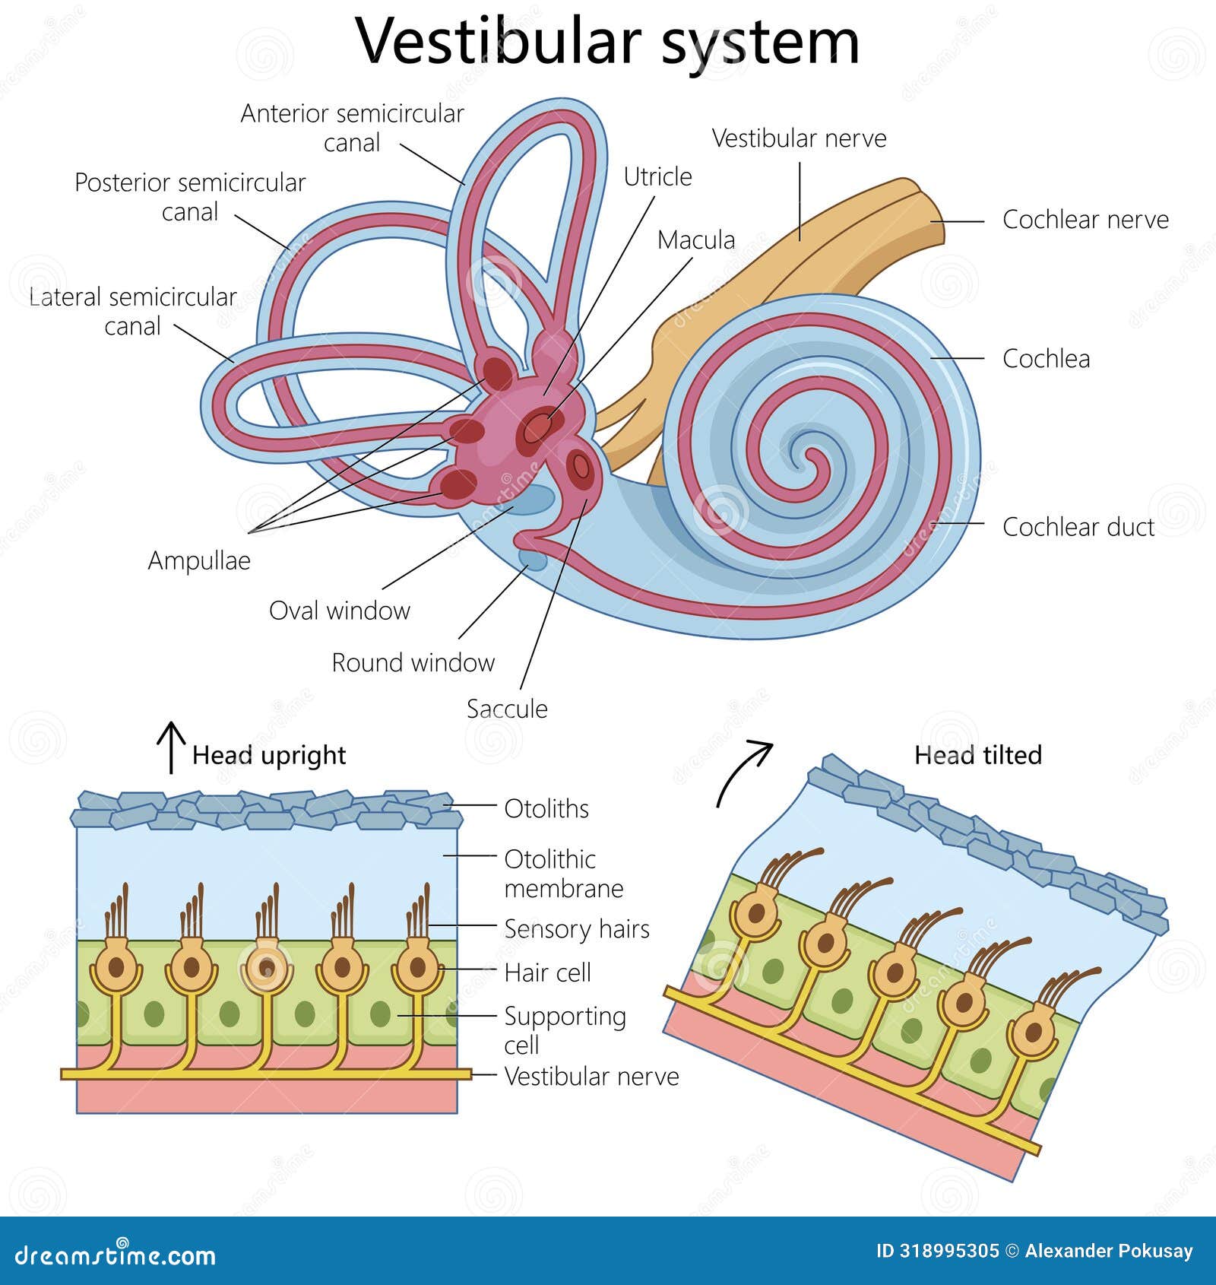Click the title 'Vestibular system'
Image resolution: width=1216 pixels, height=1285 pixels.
pyautogui.click(x=607, y=42)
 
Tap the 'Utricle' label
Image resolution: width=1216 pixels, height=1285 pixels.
pyautogui.click(x=657, y=176)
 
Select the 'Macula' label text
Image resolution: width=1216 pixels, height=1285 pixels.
pyautogui.click(x=696, y=240)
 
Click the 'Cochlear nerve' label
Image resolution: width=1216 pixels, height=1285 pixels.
pyautogui.click(x=1085, y=219)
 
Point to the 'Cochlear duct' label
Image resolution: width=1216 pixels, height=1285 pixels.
pyautogui.click(x=1078, y=526)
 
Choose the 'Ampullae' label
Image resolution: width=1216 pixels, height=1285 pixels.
pyautogui.click(x=199, y=560)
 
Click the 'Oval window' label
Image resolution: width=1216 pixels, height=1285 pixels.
pyautogui.click(x=339, y=610)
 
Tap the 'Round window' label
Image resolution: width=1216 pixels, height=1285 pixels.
pyautogui.click(x=413, y=662)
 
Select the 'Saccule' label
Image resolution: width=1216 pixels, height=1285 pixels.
pyautogui.click(x=507, y=709)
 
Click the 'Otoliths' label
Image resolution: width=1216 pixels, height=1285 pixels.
pyautogui.click(x=546, y=808)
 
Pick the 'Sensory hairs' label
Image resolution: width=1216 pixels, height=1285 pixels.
pyautogui.click(x=577, y=928)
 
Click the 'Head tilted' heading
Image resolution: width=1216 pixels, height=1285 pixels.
pyautogui.click(x=977, y=755)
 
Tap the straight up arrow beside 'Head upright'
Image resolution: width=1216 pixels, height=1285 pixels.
pyautogui.click(x=171, y=747)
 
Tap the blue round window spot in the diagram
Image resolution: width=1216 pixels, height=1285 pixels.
pyautogui.click(x=534, y=560)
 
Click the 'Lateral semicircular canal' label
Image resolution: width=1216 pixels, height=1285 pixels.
pyautogui.click(x=133, y=311)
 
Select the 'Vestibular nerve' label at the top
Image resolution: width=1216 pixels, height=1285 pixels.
pyautogui.click(x=799, y=138)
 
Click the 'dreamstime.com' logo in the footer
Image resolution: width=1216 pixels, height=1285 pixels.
pyautogui.click(x=115, y=1255)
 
